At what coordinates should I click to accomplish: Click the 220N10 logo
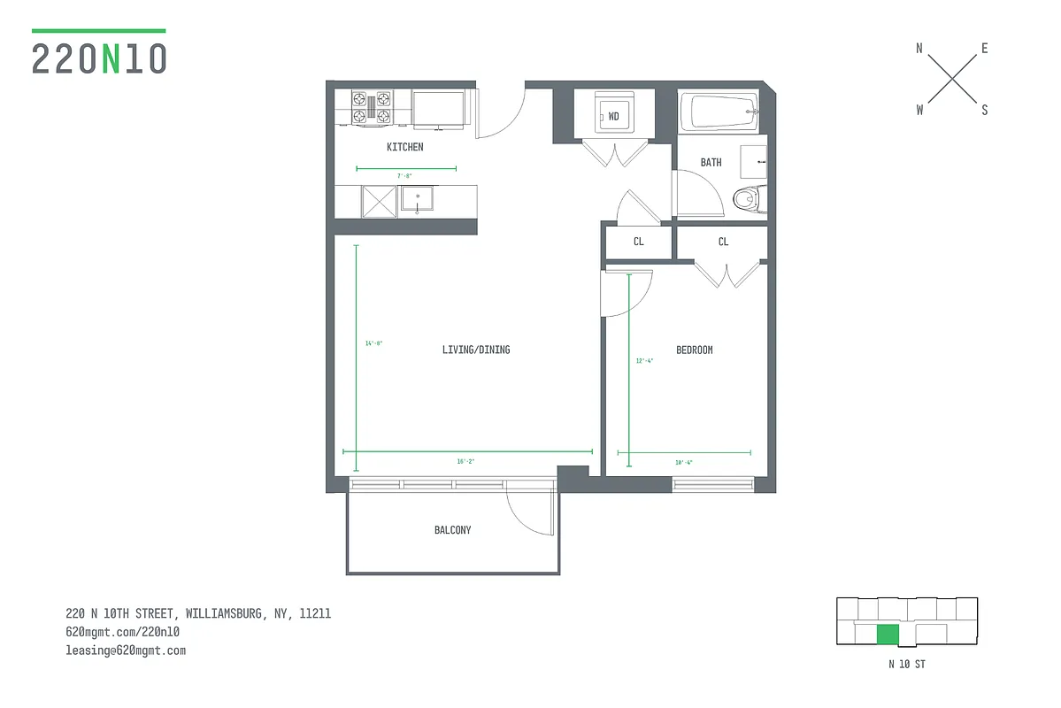pyautogui.click(x=99, y=58)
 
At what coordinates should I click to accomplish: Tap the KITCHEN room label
pyautogui.click(x=404, y=147)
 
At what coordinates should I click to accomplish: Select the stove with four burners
pyautogui.click(x=372, y=106)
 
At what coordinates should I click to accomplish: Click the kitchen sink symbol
pyautogui.click(x=416, y=199)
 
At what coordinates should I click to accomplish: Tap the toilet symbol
pyautogui.click(x=749, y=200)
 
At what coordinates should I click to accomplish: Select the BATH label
pyautogui.click(x=711, y=162)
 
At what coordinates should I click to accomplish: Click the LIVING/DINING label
pyautogui.click(x=476, y=350)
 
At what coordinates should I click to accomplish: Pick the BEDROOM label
pyautogui.click(x=694, y=350)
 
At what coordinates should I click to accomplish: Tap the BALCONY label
pyautogui.click(x=452, y=530)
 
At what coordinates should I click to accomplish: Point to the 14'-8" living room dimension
pyautogui.click(x=373, y=343)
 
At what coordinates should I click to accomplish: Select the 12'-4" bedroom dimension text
pyautogui.click(x=644, y=360)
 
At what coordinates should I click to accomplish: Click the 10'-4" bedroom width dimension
pyautogui.click(x=683, y=462)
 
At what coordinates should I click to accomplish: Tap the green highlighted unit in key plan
pyautogui.click(x=888, y=635)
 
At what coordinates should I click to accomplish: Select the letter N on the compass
pyautogui.click(x=919, y=50)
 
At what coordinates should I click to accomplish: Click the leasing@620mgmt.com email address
pyautogui.click(x=126, y=650)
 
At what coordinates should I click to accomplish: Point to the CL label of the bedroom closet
pyautogui.click(x=723, y=242)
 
